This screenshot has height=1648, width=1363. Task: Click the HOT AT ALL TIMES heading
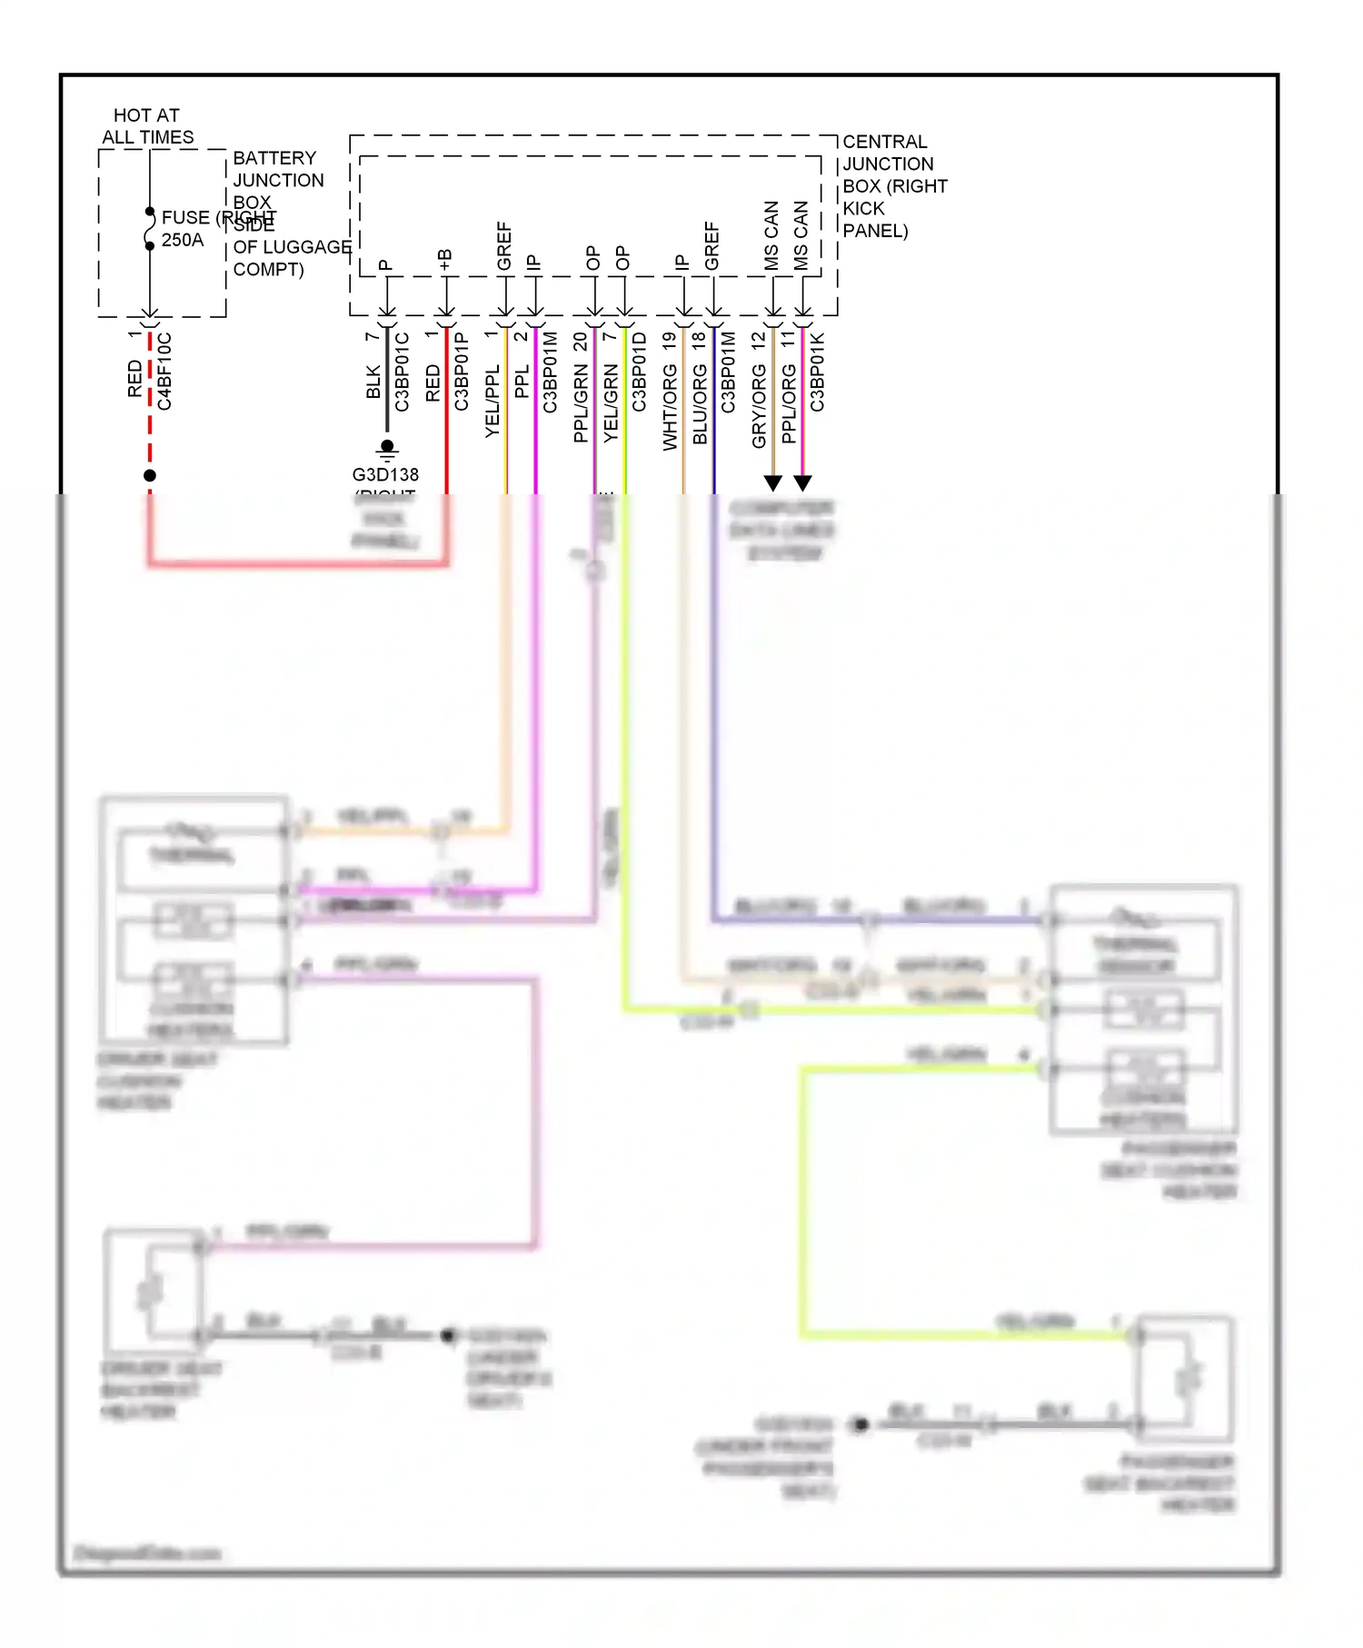[x=147, y=126]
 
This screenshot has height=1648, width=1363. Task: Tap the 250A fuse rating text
[x=182, y=241]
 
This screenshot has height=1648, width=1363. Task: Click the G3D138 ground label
[x=385, y=474]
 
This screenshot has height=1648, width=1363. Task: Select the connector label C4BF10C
[x=164, y=372]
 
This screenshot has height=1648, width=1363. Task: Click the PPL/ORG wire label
[x=788, y=404]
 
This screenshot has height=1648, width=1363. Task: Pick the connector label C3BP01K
[x=817, y=372]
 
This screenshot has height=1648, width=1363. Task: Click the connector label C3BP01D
[x=639, y=372]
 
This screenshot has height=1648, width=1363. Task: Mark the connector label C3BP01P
[x=461, y=372]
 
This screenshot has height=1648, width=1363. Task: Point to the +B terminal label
[x=445, y=260]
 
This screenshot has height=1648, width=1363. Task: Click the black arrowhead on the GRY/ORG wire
[x=772, y=482]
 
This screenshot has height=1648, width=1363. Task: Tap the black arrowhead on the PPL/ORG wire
[x=802, y=482]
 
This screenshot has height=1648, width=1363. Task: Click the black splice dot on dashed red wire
[x=150, y=475]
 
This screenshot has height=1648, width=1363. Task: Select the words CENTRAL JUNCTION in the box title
[x=887, y=153]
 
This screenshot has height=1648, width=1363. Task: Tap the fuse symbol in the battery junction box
[x=150, y=228]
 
